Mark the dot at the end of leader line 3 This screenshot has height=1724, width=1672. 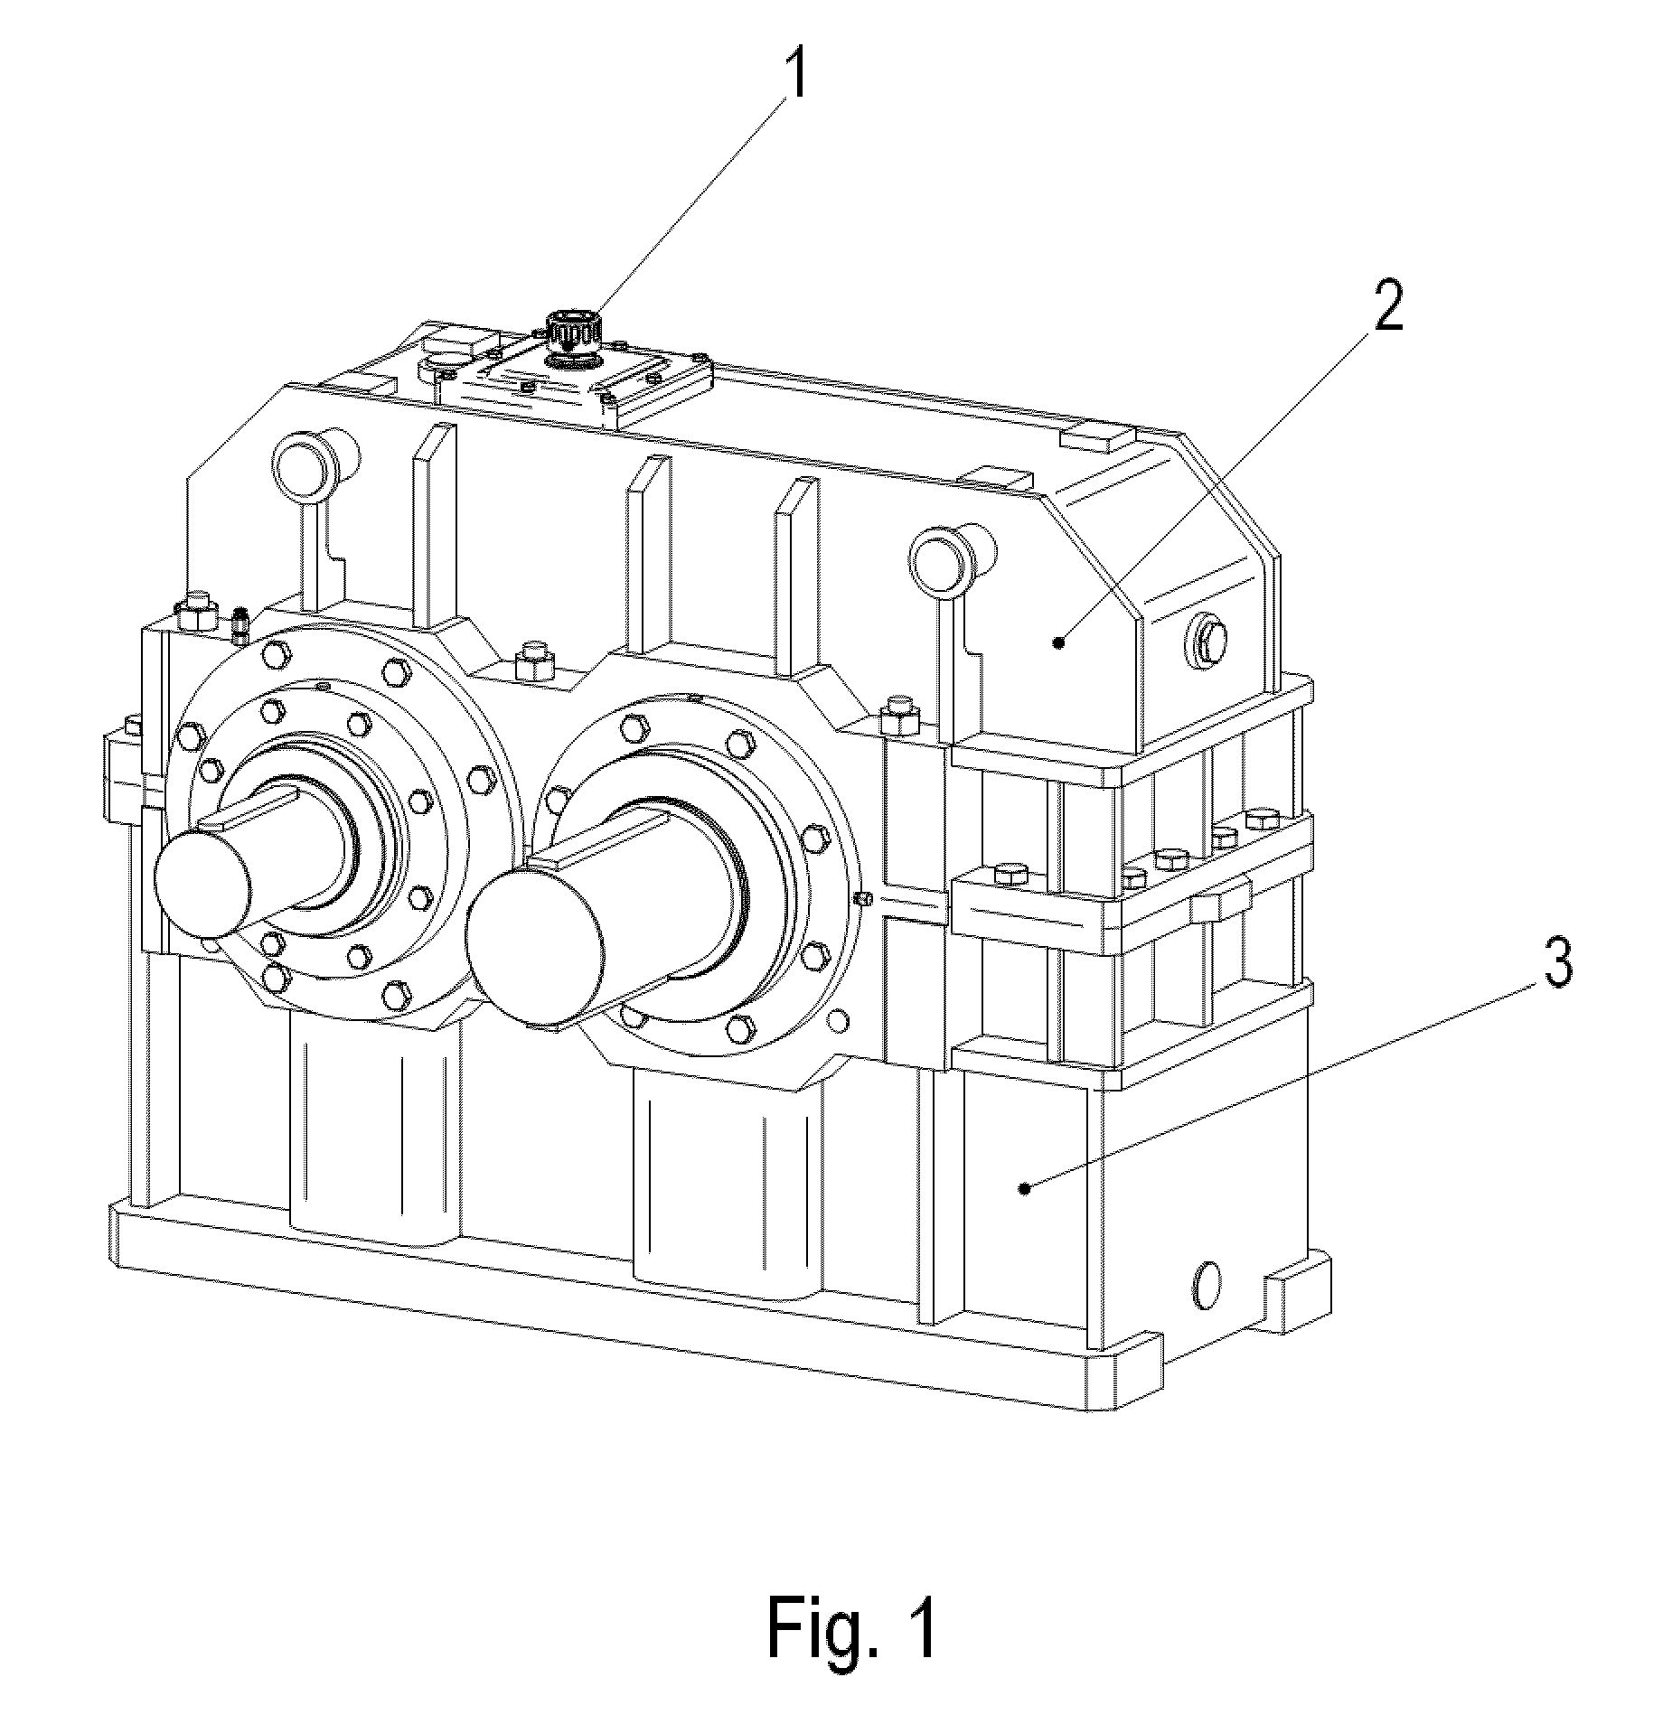tap(1024, 1189)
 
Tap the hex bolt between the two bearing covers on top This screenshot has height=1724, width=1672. tap(532, 663)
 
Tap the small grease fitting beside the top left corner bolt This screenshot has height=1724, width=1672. tap(240, 625)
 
